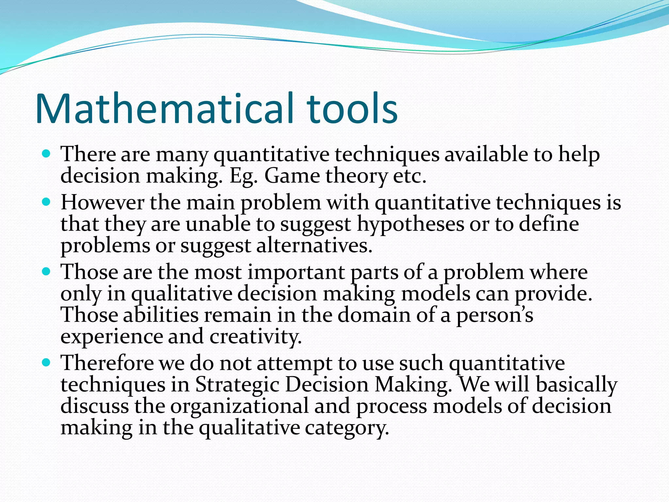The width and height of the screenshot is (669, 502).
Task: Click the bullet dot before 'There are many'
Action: point(46,153)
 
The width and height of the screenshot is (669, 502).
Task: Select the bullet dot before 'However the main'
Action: point(46,202)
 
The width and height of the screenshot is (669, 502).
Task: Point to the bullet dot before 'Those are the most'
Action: point(46,271)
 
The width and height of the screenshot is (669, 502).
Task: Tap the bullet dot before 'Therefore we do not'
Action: point(46,362)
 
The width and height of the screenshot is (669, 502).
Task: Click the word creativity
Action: point(255,337)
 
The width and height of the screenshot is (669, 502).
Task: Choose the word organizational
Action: point(239,406)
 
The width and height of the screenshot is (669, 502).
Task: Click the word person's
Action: point(495,315)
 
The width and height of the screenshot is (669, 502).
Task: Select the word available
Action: point(486,154)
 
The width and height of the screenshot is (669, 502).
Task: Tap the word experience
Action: point(111,337)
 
